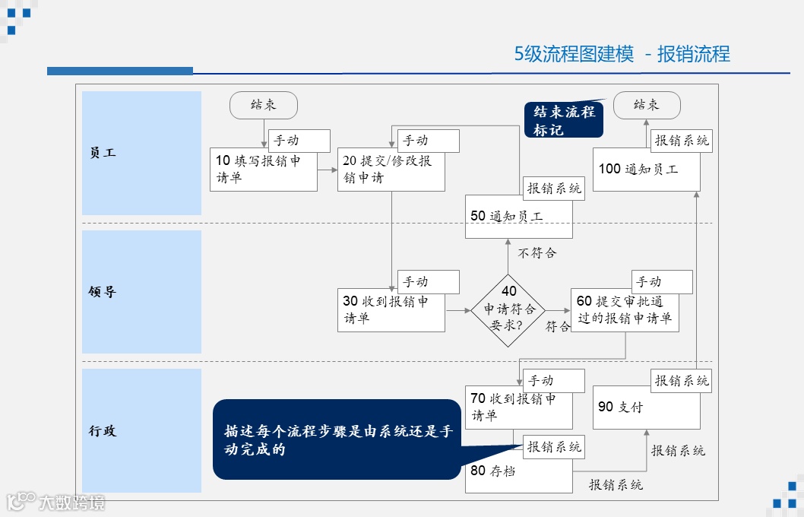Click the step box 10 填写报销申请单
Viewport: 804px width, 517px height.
click(263, 170)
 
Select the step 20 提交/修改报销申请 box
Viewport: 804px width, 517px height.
click(391, 171)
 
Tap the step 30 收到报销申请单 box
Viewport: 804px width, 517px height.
click(391, 310)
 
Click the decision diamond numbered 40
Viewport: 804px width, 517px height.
click(508, 310)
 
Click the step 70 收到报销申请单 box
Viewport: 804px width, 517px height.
click(518, 408)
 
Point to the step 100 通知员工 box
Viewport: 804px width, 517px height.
click(646, 170)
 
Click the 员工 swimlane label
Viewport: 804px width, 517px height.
click(141, 153)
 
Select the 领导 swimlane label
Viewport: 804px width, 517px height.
click(141, 292)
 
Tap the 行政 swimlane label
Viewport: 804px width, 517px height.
click(141, 431)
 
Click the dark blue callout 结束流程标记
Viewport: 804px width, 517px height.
click(564, 120)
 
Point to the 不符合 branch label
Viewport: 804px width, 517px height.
click(537, 252)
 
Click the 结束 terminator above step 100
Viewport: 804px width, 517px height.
click(647, 105)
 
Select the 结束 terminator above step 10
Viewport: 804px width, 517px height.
click(264, 105)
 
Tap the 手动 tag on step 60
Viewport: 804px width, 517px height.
click(661, 282)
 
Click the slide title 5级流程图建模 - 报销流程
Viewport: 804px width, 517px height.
click(622, 54)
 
